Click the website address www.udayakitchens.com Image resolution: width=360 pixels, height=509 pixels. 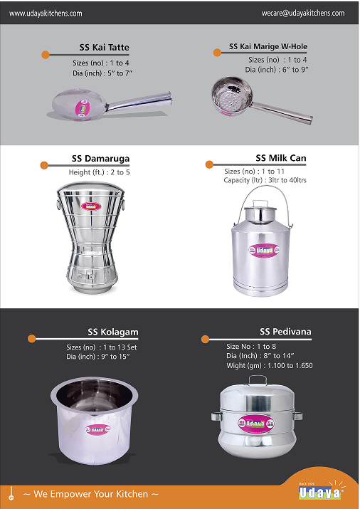click(x=46, y=14)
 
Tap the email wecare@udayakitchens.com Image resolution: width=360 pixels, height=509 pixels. click(x=303, y=13)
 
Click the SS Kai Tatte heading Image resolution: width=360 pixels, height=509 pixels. click(x=104, y=48)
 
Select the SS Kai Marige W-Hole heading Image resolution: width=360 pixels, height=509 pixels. click(x=268, y=46)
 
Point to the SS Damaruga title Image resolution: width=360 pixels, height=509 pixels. click(x=100, y=159)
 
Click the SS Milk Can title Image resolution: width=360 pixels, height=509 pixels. click(x=281, y=158)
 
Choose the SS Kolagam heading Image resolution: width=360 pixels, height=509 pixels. click(x=113, y=332)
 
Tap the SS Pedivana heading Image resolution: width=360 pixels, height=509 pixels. click(x=285, y=332)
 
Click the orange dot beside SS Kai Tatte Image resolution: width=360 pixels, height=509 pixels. click(x=46, y=55)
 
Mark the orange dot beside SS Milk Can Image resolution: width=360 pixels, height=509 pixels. click(x=209, y=164)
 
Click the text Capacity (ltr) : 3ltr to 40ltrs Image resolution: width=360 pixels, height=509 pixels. click(x=265, y=180)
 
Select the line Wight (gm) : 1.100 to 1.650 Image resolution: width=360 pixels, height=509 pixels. click(x=270, y=365)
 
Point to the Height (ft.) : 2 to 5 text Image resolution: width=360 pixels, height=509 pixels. click(x=99, y=172)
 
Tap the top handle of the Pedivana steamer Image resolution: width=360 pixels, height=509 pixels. click(x=258, y=380)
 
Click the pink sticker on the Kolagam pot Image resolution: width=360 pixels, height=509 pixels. click(x=97, y=429)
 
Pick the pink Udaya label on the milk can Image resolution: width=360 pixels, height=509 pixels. click(x=264, y=251)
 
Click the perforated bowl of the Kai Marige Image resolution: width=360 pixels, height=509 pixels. click(x=232, y=96)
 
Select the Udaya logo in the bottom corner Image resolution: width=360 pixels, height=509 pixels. click(x=319, y=492)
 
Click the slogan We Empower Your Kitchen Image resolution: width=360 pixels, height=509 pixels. click(x=91, y=494)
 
